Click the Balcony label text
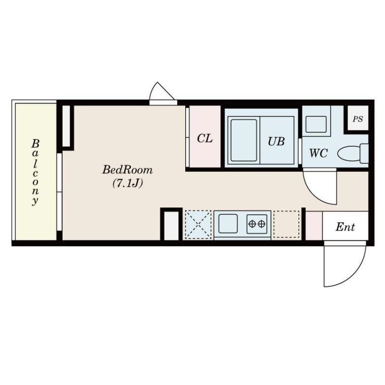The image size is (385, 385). click(35, 172)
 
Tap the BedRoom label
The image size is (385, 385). click(128, 170)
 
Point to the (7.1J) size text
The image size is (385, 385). click(128, 183)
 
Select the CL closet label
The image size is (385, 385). click(205, 139)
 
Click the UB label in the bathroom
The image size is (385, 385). click(276, 141)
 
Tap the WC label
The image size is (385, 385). click(319, 154)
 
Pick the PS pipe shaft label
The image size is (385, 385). click(358, 119)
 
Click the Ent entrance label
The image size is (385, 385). click(345, 227)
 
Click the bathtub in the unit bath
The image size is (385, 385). click(244, 140)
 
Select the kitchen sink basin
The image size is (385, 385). click(228, 224)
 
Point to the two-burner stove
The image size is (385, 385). click(257, 224)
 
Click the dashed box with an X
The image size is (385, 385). click(198, 224)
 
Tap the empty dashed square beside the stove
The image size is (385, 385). click(286, 224)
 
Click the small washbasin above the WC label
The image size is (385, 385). click(316, 125)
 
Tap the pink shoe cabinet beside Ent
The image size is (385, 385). click(314, 226)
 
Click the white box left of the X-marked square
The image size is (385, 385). click(171, 226)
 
